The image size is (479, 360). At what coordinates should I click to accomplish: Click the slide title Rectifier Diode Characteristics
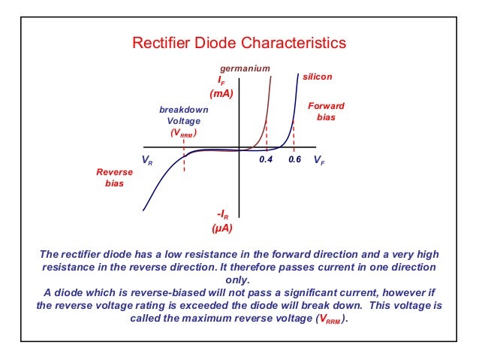(x=239, y=43)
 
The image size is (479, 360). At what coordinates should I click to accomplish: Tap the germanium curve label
(x=244, y=68)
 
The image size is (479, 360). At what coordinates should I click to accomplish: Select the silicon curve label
(x=317, y=77)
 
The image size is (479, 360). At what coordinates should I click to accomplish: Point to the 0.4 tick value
(x=265, y=160)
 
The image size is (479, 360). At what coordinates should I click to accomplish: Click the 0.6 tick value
(x=294, y=160)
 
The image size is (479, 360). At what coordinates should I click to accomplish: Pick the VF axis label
(x=319, y=160)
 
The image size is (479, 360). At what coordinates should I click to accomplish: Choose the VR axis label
(x=146, y=161)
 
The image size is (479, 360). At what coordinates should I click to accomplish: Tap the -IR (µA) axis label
(x=221, y=219)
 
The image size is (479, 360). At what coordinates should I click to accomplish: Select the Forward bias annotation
(x=327, y=112)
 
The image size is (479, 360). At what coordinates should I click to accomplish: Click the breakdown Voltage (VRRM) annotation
(x=184, y=121)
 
